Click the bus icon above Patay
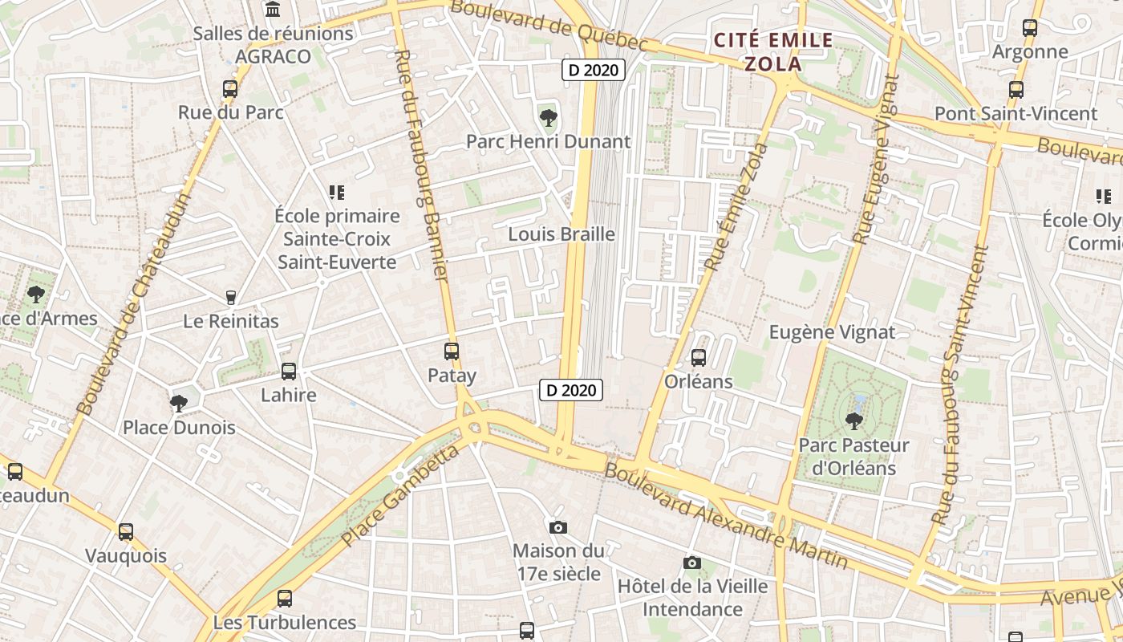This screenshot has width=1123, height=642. [452, 351]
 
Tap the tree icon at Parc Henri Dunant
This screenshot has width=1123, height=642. [549, 118]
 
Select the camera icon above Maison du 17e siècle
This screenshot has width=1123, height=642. [558, 527]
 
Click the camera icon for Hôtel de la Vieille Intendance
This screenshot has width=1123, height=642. [692, 563]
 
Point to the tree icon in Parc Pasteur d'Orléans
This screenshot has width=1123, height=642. [853, 420]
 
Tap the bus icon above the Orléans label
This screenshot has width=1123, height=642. [699, 357]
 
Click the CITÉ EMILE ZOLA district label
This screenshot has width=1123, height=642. [773, 51]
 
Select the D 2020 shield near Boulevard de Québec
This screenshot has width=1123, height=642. [594, 70]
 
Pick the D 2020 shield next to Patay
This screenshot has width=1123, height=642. [571, 390]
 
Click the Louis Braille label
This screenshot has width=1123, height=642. [561, 234]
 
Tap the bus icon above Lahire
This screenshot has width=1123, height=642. [289, 372]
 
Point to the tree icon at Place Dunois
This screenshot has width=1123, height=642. [179, 403]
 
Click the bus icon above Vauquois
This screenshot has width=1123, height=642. [126, 531]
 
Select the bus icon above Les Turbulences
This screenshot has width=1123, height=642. [285, 598]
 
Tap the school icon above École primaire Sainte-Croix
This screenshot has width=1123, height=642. [337, 193]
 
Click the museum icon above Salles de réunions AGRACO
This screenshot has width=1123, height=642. [273, 10]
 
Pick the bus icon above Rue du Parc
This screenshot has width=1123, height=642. [230, 88]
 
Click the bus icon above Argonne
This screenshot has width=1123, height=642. [1030, 28]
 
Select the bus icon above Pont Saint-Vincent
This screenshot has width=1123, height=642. [1016, 89]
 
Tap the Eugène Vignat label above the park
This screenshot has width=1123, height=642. [832, 332]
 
